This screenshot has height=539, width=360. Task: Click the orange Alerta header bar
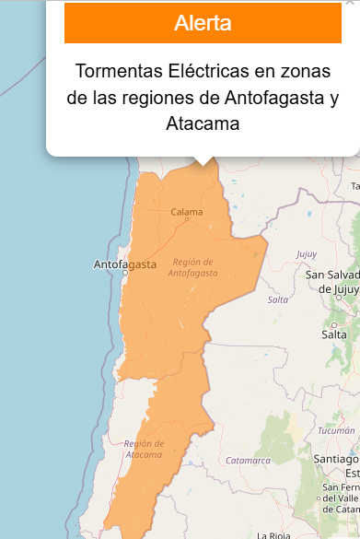203,24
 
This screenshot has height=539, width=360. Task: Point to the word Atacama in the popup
203,123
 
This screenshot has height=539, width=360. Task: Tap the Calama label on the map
186,212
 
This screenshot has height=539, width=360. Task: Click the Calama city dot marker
186,220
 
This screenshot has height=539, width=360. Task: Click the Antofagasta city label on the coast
125,264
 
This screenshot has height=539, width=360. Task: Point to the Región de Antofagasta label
193,267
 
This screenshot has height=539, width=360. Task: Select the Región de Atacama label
144,449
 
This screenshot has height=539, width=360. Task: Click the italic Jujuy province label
307,253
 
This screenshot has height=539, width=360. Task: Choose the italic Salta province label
278,299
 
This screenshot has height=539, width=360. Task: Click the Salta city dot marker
332,324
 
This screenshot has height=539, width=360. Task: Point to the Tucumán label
336,430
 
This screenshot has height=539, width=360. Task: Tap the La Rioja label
273,534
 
